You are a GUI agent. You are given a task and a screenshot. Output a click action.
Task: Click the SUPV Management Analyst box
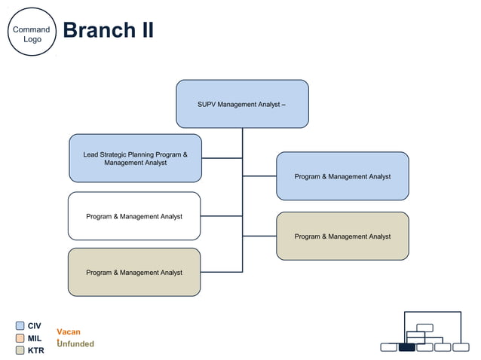242,104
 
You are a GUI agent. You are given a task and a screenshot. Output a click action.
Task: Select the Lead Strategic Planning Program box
135,158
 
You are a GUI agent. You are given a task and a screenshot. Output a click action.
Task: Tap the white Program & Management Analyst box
134,216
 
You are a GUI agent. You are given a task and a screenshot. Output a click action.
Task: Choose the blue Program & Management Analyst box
342,176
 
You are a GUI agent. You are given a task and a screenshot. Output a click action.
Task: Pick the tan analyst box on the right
342,236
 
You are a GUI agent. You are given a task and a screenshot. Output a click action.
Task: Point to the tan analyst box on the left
134,272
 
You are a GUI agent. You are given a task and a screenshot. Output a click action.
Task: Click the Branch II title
108,30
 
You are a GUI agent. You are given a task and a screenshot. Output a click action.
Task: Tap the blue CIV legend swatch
20,326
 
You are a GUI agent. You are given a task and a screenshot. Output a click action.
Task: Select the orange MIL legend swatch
20,338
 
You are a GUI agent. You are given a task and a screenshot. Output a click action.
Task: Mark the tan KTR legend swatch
20,350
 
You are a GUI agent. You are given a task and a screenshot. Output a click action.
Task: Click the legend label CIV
35,326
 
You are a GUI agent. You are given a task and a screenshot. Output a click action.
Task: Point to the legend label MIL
35,338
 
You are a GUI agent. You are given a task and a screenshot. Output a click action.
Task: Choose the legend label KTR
35,350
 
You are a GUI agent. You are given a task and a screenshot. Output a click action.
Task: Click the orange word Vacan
69,332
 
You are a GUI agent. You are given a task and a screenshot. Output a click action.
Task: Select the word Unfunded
76,344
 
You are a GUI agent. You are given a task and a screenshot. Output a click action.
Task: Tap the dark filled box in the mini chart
406,347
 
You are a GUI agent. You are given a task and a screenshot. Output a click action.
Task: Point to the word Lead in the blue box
91,154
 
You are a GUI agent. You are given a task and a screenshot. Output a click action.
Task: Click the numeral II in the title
145,30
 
